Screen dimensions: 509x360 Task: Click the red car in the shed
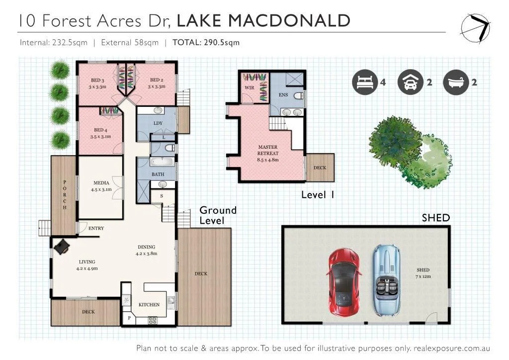coord(344,282)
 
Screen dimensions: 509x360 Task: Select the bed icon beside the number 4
coord(365,82)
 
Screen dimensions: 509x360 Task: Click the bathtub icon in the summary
coord(456,82)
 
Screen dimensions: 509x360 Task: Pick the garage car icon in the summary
coord(411,82)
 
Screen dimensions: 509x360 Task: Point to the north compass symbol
coord(475,28)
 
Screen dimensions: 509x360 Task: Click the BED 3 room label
coord(97,80)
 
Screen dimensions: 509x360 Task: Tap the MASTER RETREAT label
coord(268,150)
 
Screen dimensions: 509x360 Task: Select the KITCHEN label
coord(149,304)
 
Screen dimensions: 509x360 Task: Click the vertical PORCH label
coord(65,195)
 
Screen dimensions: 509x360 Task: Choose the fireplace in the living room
coord(61,247)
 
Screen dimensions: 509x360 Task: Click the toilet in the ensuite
coord(299,96)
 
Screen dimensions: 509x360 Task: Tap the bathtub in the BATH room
coord(163,161)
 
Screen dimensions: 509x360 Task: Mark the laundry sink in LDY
coord(158,110)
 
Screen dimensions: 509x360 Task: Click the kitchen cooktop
coord(153,320)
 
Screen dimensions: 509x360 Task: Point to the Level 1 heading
coord(318,195)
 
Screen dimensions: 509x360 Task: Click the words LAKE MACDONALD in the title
coord(263,20)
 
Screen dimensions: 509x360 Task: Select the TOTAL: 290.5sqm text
coord(206,43)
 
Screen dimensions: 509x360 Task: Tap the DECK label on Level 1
coord(320,168)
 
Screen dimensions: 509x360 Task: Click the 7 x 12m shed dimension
coord(423,276)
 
